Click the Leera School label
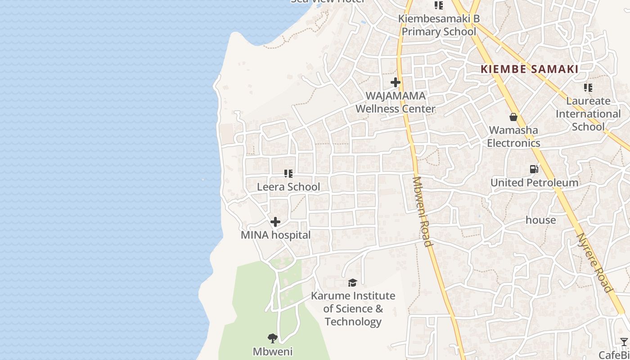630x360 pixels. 288,187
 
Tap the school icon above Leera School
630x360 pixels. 288,173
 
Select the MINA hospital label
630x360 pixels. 275,235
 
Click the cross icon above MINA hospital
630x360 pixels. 275,222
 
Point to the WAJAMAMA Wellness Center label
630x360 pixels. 396,102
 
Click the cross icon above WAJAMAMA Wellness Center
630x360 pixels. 396,82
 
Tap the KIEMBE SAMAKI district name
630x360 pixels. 530,69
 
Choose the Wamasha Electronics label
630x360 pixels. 513,136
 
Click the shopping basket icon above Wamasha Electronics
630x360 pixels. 513,117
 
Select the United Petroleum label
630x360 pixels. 534,183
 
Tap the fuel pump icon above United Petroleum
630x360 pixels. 534,169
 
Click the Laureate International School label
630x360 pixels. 588,114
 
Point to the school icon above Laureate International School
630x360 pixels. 588,87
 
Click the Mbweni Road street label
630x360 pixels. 422,211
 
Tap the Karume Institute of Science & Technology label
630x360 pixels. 353,309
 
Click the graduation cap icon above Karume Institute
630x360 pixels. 353,283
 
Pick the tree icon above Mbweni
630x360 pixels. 272,338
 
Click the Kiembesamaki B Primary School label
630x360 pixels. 439,25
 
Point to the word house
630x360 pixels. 540,220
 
